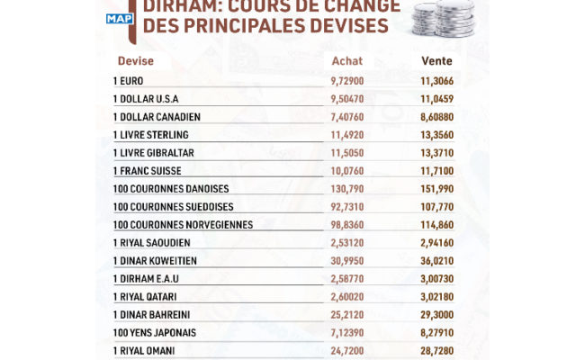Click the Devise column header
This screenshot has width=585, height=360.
[x=136, y=61]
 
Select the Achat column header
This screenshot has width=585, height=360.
[x=346, y=61]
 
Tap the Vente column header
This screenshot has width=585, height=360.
[x=436, y=61]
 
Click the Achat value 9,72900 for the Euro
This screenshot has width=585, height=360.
[x=347, y=81]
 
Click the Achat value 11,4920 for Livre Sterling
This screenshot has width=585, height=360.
[x=347, y=135]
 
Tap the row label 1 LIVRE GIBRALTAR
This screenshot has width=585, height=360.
[x=154, y=153]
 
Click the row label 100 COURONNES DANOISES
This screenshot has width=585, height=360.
[x=170, y=188]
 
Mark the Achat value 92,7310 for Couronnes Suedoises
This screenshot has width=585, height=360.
[x=347, y=206]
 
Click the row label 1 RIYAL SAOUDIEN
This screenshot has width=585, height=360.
[x=151, y=242]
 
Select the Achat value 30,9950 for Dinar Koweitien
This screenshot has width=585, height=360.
[x=347, y=260]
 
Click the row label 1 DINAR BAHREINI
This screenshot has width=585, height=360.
[x=151, y=313]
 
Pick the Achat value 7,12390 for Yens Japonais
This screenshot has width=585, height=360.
[x=347, y=331]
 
